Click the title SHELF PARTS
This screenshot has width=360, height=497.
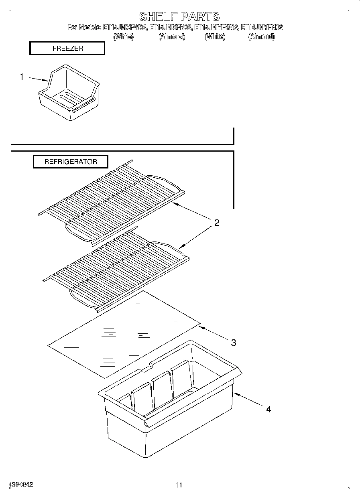179,16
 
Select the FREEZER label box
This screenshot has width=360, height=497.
67,49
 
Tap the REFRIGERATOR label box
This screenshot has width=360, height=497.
71,162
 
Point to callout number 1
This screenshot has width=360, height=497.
22,77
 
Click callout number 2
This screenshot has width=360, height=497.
216,223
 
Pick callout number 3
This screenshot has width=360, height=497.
233,343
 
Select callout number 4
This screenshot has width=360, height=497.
268,409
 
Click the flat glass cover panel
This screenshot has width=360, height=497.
124,333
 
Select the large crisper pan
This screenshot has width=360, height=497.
169,405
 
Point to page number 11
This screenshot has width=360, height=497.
179,485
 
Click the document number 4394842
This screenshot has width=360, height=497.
20,485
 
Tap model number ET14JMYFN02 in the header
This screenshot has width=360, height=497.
262,28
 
